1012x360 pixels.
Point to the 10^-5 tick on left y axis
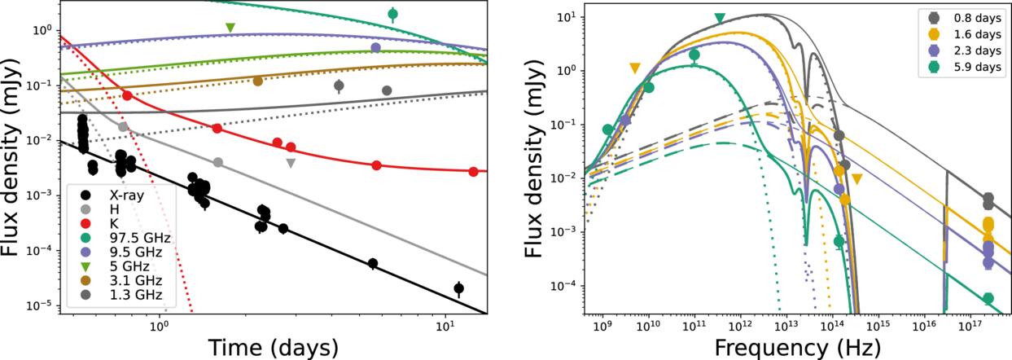coord(39,305)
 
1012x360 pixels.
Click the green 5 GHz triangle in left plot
coord(230,28)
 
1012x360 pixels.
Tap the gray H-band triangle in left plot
coord(291,163)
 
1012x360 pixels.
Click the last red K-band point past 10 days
coord(473,172)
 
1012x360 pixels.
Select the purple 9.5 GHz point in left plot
coord(375,47)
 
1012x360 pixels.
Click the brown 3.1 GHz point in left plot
coord(258,81)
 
